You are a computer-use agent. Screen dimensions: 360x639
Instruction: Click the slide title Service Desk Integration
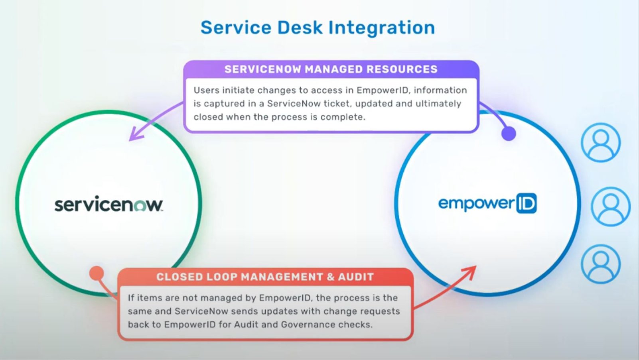pos(318,28)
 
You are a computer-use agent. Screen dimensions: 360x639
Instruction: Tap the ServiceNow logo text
pos(108,205)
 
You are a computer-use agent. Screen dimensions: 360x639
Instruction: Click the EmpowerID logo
pos(487,203)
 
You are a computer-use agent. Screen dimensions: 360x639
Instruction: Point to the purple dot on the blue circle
pos(509,133)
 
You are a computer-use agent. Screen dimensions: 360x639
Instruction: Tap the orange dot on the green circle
pos(97,273)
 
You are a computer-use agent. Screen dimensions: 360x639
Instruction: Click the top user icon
pos(600,142)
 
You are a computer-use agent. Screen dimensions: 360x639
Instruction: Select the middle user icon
pos(610,207)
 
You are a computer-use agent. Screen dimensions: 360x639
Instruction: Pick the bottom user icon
pos(600,264)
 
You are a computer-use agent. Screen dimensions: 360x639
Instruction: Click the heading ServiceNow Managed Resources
pos(331,69)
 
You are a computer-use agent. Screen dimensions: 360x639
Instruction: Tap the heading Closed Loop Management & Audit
pos(265,277)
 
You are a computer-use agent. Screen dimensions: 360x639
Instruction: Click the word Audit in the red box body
pos(246,325)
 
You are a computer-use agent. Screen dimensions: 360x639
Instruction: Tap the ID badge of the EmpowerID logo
pos(527,203)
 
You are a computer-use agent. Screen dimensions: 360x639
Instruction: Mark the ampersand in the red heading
pos(331,277)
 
